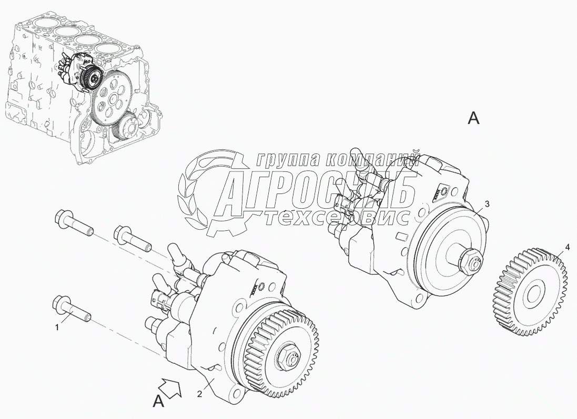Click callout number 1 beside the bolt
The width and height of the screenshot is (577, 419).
coord(57,327)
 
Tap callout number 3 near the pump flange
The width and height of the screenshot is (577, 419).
coord(487,205)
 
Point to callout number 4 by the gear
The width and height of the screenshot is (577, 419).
coord(568,248)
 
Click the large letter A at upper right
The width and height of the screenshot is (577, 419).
coord(473,118)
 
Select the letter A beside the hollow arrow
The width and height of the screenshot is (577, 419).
coord(159,402)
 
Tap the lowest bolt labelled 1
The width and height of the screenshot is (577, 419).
coord(72,308)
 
